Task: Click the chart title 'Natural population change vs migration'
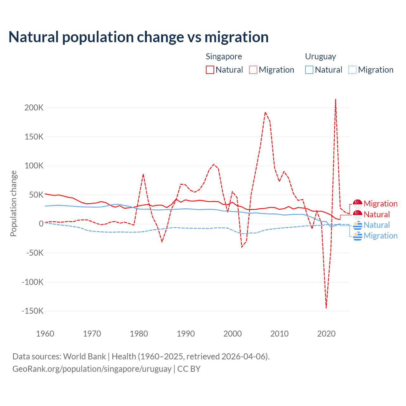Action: (139, 37)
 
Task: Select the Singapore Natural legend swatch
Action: (210, 70)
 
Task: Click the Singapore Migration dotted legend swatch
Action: (253, 70)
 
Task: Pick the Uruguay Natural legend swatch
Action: (309, 70)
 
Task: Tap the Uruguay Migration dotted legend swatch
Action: (352, 70)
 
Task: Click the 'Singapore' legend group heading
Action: (224, 56)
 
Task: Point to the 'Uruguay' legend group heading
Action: (320, 56)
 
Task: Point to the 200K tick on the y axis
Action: (34, 108)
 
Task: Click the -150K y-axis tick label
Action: (32, 311)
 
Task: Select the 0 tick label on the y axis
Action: (41, 224)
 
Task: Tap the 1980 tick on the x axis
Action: (139, 334)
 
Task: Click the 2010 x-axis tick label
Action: (279, 334)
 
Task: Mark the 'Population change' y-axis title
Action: (13, 203)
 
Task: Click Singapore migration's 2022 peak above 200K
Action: (336, 100)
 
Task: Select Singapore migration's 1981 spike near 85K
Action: (143, 174)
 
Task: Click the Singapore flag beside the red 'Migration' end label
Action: (357, 204)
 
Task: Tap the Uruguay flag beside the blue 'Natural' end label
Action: (357, 225)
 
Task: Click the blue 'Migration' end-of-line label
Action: (380, 236)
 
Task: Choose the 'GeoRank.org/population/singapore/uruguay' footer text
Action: (92, 369)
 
